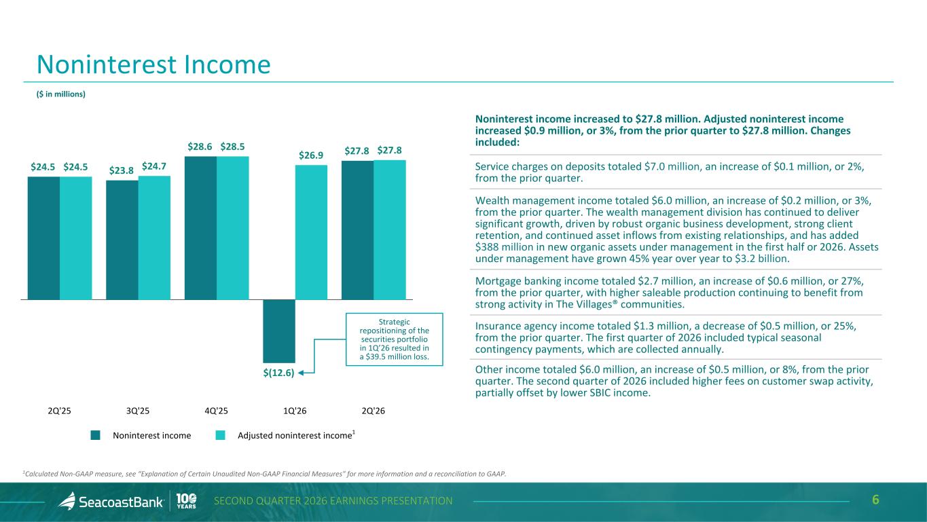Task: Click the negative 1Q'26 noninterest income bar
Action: coord(279,331)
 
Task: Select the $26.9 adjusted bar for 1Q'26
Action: coord(311,232)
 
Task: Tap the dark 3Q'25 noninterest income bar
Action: coord(122,240)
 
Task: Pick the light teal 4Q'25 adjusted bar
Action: coord(232,228)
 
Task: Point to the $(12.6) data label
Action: coord(278,373)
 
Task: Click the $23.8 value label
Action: coord(122,170)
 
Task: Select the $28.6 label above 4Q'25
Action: coord(200,147)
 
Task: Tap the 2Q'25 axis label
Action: coord(60,411)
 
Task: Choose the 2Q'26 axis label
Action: coord(374,411)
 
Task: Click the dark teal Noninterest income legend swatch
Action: coord(96,435)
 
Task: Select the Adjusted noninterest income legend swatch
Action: coord(221,435)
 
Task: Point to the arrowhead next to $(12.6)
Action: coord(301,373)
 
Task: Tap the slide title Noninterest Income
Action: coord(153,64)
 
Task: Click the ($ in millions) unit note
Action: coord(61,94)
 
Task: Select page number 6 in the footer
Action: coord(875,500)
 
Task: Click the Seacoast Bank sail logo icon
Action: coord(67,501)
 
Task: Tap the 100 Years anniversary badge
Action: coord(186,501)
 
